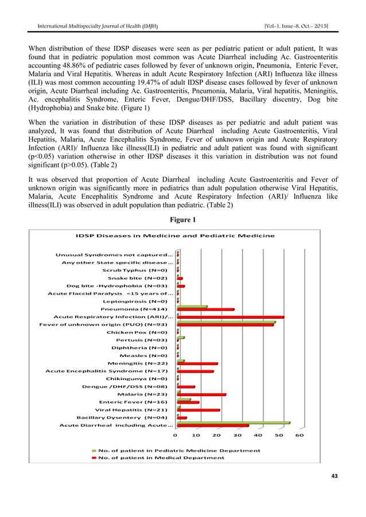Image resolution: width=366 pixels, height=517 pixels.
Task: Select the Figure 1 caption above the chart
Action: pos(182,220)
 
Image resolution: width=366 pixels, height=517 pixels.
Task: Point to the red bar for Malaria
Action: pos(202,395)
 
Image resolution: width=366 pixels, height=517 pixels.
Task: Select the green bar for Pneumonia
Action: pos(192,307)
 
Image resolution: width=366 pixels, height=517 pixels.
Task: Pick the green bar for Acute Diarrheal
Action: pos(233,423)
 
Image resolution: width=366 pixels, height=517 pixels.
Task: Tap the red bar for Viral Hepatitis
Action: pos(198,410)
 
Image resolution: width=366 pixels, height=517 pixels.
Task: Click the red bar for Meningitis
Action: pos(198,363)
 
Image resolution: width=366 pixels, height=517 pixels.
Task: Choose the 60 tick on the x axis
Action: pos(299,436)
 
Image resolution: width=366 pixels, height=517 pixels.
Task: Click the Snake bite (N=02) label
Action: pos(138,277)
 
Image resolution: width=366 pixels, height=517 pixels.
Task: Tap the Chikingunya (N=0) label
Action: pos(137,379)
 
